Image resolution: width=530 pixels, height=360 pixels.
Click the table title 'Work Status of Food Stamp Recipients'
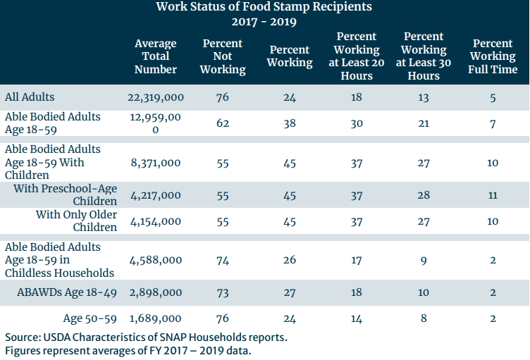point(264,7)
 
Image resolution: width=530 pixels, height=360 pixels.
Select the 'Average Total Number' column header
point(156,56)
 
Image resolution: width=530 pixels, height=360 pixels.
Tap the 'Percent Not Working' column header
point(223,56)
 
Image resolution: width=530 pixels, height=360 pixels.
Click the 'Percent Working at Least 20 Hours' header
point(357,56)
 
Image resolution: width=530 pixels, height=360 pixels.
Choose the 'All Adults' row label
point(30,97)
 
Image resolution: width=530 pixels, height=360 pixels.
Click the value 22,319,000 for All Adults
point(156,97)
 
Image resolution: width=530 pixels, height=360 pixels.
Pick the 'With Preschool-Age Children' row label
point(66,195)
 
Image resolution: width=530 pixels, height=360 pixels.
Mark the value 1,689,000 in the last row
point(156,318)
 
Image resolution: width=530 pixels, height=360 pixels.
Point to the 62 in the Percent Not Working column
point(223,123)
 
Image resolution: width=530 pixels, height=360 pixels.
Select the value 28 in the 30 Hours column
point(424,195)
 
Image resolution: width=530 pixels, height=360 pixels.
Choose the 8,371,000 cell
point(156,163)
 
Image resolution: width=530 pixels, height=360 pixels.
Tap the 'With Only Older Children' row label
point(76,221)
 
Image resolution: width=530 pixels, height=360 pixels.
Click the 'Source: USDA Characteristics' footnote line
point(146,337)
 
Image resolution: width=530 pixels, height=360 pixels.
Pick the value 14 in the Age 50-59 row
point(357,318)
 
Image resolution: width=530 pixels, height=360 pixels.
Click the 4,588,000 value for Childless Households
point(156,260)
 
